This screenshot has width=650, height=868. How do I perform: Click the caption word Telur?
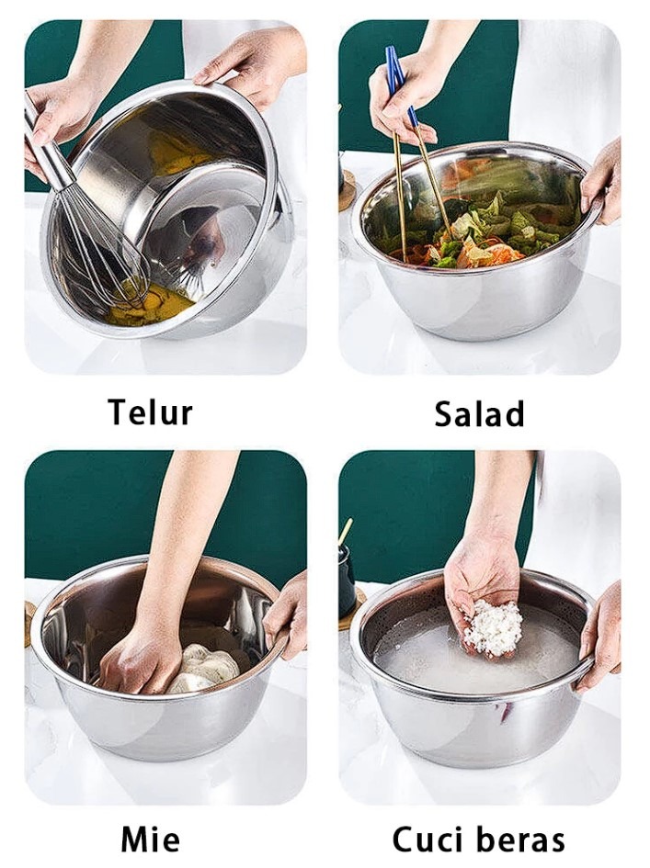[x=151, y=412]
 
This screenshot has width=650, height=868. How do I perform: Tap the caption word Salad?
[x=479, y=413]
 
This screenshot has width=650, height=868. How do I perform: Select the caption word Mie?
[x=150, y=840]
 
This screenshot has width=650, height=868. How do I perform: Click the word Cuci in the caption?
[x=427, y=840]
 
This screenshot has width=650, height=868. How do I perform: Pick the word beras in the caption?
[x=521, y=840]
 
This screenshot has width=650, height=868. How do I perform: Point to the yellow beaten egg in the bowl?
[x=150, y=304]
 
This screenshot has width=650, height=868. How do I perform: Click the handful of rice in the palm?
[x=493, y=629]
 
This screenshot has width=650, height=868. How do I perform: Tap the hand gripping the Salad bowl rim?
[x=601, y=183]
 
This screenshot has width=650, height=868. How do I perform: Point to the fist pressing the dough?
[x=139, y=658]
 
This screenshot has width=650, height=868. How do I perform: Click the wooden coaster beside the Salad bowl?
[x=347, y=191]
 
